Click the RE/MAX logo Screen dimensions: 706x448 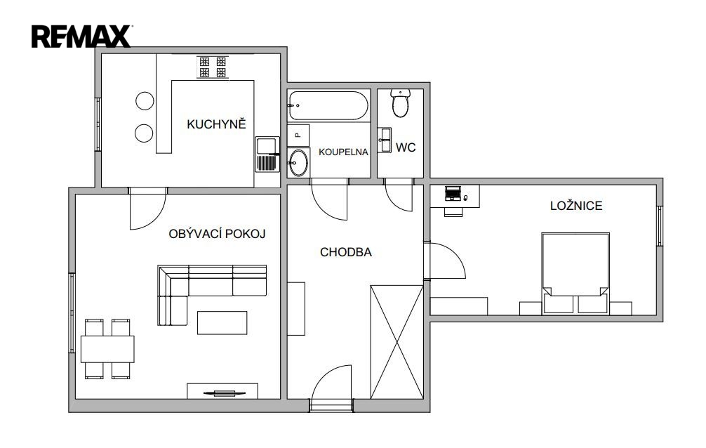click(81, 37)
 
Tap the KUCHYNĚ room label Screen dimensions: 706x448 click(216, 124)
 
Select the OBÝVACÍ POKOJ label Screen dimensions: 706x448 click(217, 234)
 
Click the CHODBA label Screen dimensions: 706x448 click(346, 252)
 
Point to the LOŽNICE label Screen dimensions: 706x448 click(576, 206)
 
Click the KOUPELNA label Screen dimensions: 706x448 click(344, 152)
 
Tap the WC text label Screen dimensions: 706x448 click(406, 147)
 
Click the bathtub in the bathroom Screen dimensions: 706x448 click(328, 106)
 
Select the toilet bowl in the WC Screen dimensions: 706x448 click(400, 103)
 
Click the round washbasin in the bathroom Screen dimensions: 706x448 click(298, 163)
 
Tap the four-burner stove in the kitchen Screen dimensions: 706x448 click(213, 67)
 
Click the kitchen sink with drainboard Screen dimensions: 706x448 click(267, 154)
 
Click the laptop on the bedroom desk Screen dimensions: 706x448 click(453, 193)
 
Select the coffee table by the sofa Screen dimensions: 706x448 click(222, 323)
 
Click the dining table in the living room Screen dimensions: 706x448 click(107, 349)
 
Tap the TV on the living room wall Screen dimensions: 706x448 click(222, 393)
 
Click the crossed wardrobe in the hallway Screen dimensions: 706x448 click(397, 342)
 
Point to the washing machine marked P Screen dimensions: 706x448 click(298, 136)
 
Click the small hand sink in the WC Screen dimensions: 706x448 click(385, 140)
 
